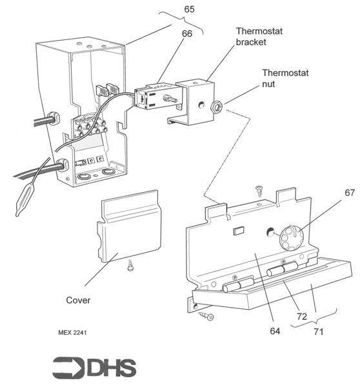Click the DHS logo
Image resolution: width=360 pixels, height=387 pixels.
coord(94,367)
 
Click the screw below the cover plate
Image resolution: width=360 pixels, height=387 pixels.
coord(131,263)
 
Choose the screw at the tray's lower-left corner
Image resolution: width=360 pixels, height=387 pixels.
coord(207,315)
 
